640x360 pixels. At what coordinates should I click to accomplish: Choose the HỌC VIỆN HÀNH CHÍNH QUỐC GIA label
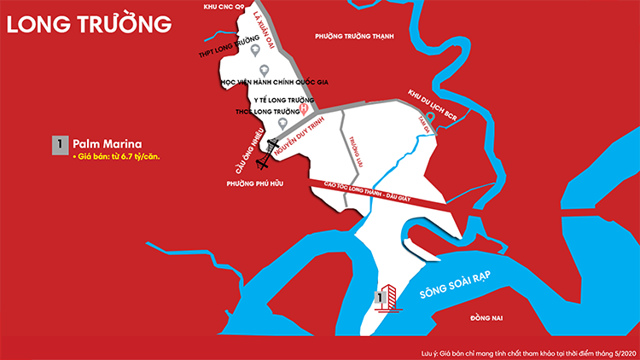click(x=275, y=83)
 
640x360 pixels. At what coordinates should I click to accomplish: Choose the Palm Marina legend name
click(x=107, y=143)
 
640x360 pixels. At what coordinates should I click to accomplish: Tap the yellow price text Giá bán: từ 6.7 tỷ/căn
click(x=117, y=158)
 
